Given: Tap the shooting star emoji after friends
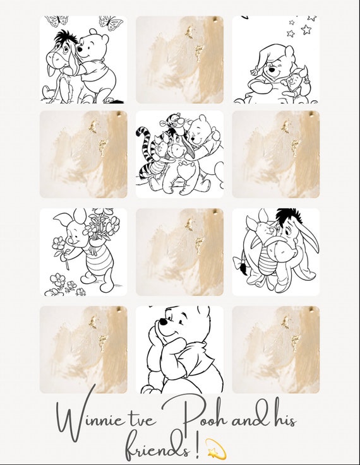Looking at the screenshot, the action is point(216,448).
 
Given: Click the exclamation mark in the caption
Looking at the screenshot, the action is point(198,445).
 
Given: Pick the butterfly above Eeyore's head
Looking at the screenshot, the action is point(57,21).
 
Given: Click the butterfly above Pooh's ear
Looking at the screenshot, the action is point(111,23).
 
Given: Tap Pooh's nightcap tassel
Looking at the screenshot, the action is point(255,71).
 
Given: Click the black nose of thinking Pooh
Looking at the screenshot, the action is point(163,322).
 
